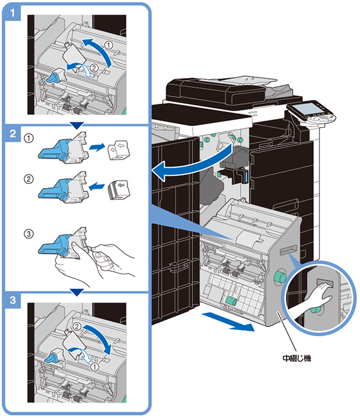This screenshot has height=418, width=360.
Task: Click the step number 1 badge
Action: (12, 12)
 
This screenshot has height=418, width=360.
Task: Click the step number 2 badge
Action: (12, 133)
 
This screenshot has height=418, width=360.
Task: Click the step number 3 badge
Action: (12, 300)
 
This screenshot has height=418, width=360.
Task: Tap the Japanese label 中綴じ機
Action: (297, 358)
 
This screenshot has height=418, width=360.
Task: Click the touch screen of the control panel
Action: (307, 109)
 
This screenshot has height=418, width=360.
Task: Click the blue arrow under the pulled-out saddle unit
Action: (228, 322)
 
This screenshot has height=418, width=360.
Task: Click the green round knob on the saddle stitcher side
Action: (279, 277)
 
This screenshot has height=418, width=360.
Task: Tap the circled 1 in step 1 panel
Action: (108, 45)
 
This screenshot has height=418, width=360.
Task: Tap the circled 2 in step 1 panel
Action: (94, 68)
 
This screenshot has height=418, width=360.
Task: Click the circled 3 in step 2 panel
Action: (29, 234)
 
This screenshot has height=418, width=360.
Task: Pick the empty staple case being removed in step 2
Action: (119, 150)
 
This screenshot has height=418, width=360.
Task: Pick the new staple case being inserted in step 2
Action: (119, 190)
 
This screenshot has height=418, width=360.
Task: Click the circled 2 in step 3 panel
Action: (77, 326)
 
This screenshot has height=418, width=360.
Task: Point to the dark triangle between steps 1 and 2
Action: (76, 125)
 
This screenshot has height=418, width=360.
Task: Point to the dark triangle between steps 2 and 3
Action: (76, 292)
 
